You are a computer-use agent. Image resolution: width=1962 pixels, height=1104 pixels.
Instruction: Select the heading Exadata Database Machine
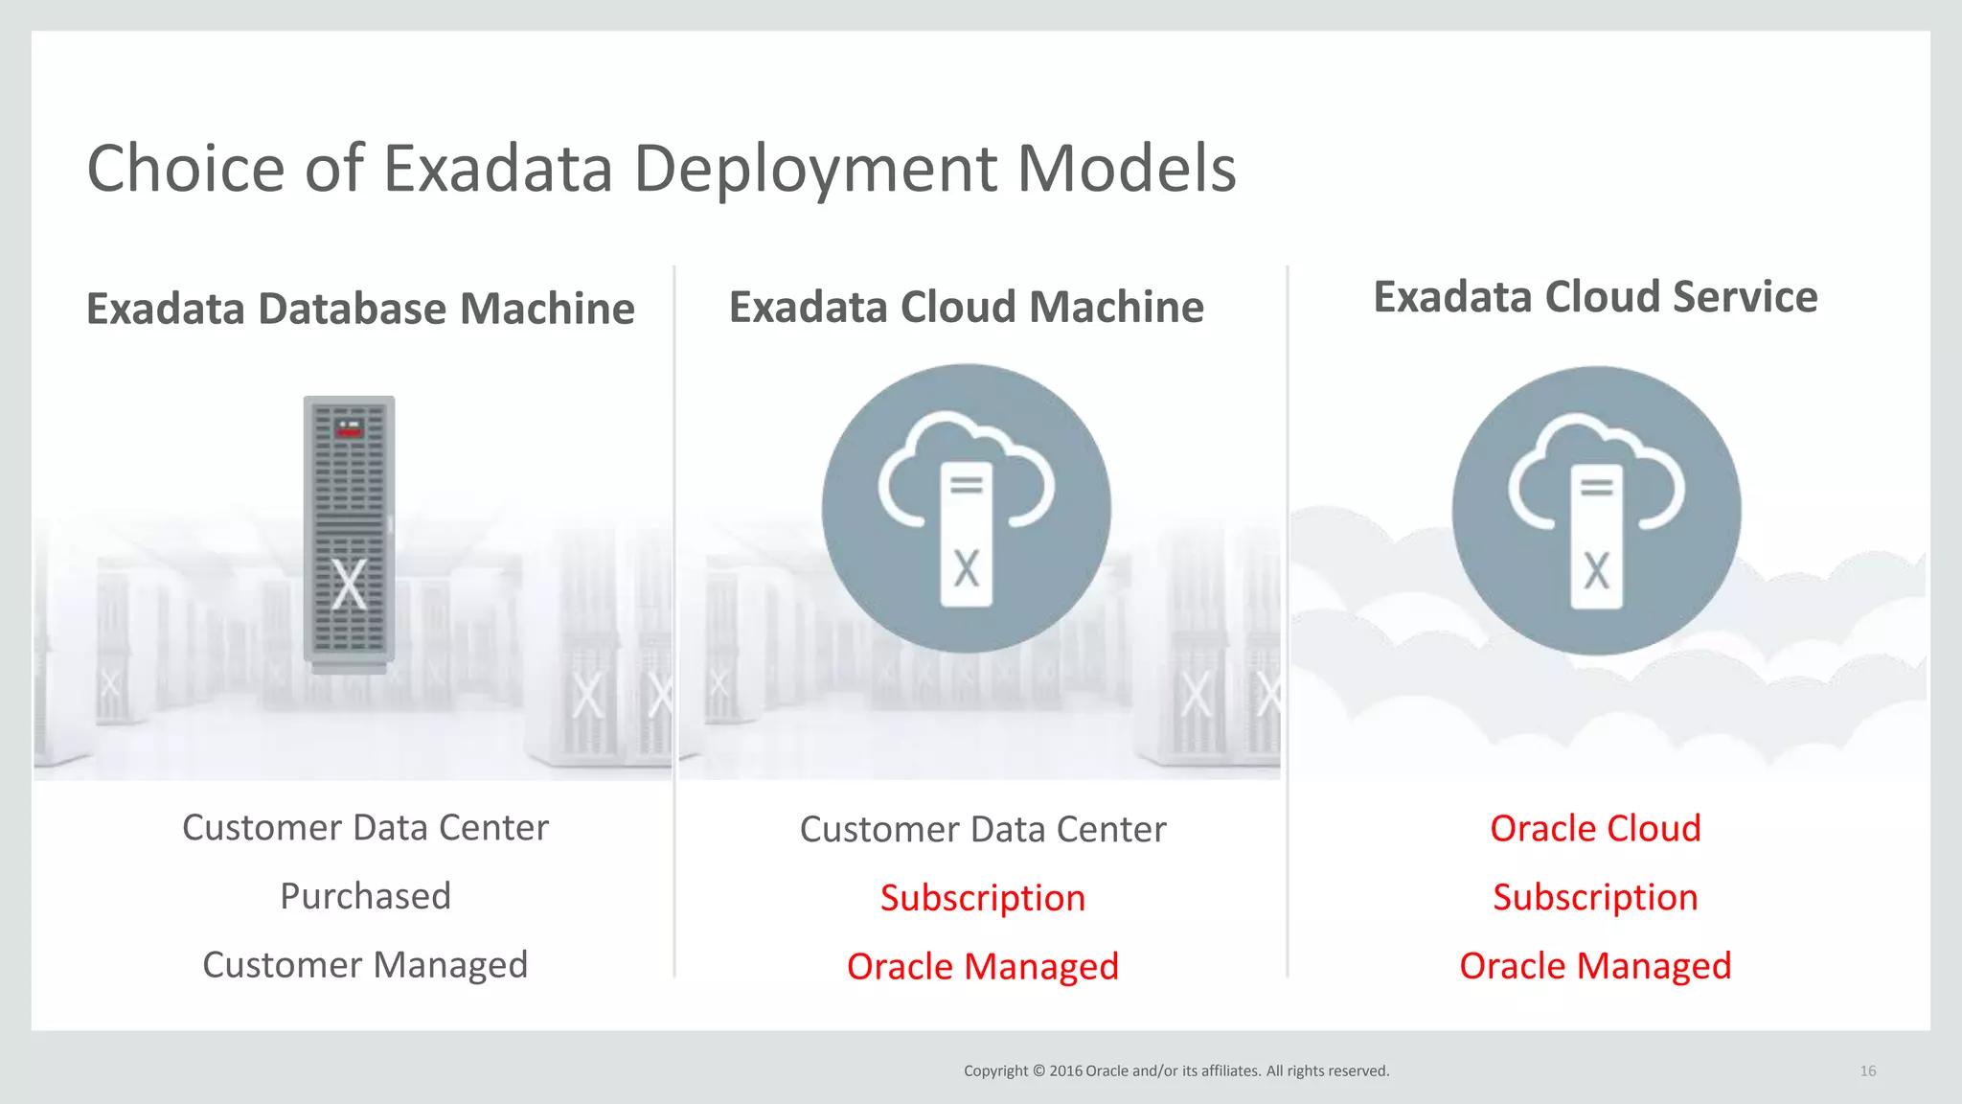360,309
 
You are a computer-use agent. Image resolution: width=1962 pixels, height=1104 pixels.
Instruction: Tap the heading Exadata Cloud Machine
966,307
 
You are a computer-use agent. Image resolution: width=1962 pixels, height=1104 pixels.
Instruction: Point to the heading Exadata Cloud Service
1595,296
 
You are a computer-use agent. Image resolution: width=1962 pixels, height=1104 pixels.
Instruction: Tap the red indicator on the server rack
350,430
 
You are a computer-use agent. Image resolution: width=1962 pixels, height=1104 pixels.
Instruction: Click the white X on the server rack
349,585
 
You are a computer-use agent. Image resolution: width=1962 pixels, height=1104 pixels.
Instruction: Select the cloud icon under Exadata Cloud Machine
966,508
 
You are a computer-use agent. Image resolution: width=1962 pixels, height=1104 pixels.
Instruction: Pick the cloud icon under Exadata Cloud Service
1596,510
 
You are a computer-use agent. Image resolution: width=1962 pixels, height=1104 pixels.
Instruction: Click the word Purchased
365,896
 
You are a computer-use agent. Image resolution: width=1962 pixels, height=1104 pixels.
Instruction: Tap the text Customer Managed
365,965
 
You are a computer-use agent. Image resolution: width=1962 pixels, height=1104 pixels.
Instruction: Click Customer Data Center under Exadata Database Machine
365,828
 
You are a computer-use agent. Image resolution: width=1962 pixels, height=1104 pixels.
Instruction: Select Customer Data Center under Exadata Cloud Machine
983,829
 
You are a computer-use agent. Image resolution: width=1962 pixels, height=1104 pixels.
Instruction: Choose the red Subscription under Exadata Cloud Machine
983,898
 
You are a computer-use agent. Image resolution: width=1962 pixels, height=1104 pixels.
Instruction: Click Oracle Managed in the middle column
983,967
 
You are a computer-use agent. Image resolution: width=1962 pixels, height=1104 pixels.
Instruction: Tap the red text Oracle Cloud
1595,828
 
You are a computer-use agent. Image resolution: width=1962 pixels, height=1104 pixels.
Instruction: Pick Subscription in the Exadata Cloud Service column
1595,897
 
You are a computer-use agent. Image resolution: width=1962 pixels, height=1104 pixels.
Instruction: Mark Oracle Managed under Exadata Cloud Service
1595,966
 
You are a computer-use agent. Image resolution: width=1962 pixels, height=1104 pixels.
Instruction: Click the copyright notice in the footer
1175,1070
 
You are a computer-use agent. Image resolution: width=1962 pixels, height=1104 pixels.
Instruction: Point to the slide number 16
1867,1070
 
